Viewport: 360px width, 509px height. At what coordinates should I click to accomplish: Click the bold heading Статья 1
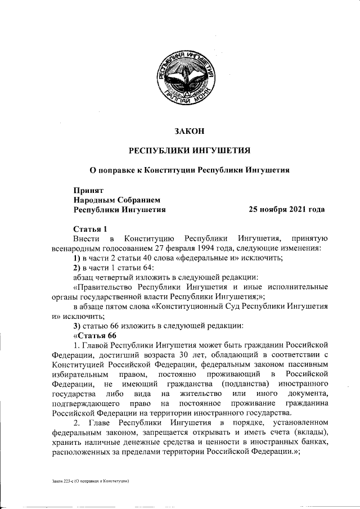point(90,229)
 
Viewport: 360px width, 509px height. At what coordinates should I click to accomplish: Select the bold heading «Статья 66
point(95,335)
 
